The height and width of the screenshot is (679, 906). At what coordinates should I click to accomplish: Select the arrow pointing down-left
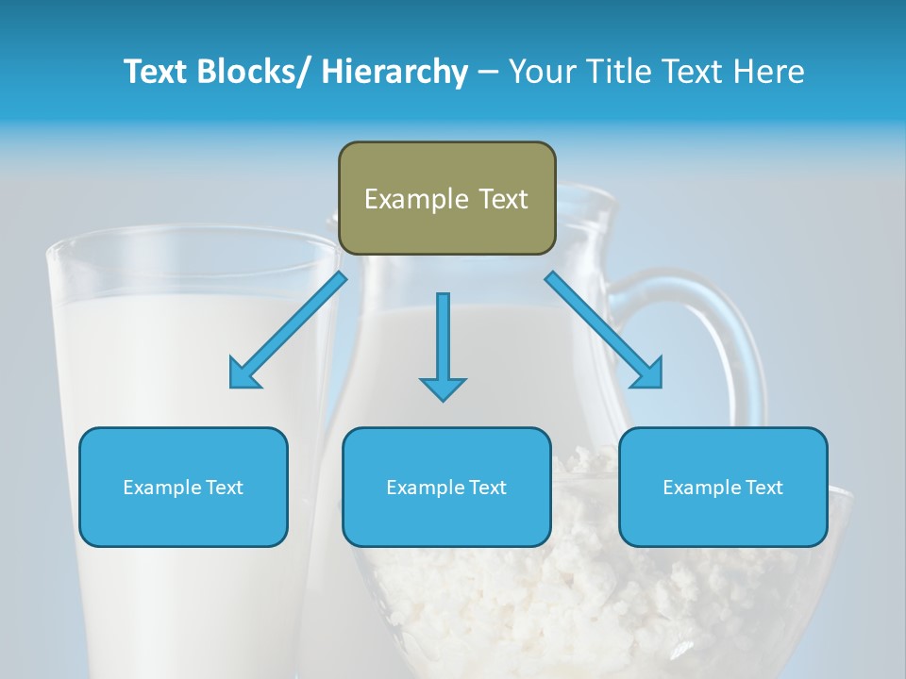286,331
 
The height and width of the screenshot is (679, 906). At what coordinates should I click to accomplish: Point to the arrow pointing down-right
604,331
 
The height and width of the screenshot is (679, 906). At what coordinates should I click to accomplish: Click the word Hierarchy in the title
394,72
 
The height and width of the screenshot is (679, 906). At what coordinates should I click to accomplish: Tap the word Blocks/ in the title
256,72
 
